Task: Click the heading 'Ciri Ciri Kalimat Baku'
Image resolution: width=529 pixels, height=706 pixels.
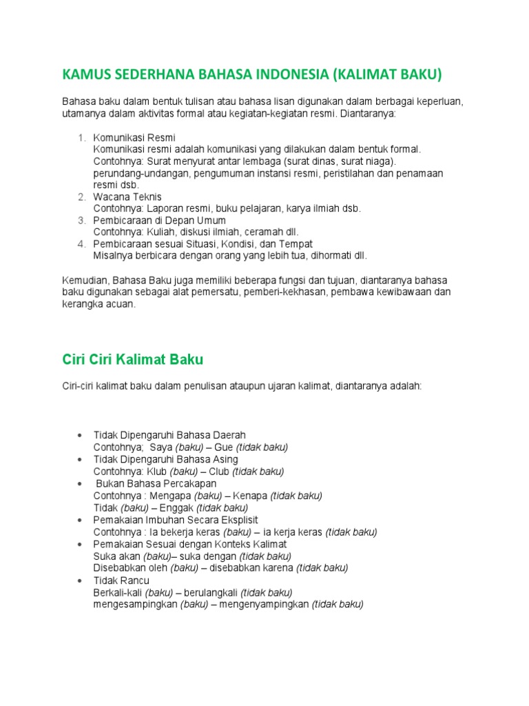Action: (133, 360)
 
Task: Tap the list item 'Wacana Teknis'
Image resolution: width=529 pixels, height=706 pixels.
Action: (127, 196)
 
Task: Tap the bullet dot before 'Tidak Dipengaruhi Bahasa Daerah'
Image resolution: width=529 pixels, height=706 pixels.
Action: (81, 435)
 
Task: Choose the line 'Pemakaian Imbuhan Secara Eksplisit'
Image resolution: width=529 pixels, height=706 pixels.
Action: (176, 520)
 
